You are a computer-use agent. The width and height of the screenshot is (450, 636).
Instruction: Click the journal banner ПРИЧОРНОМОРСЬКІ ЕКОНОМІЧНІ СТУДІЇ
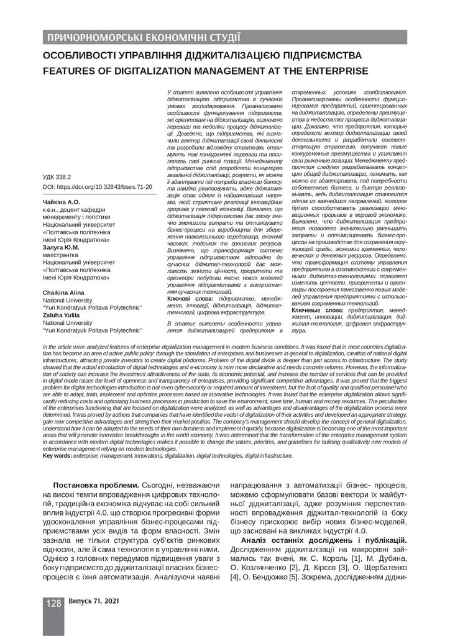tap(144, 39)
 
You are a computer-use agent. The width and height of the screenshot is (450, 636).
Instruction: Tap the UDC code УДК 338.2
tap(57, 177)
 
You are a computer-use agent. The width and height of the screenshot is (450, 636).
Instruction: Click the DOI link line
tap(98, 186)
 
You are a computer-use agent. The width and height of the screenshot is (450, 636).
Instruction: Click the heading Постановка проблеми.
tap(94, 485)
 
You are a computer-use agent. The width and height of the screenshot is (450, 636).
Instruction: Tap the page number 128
tap(53, 604)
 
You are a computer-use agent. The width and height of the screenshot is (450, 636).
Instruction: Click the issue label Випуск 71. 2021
tap(94, 602)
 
